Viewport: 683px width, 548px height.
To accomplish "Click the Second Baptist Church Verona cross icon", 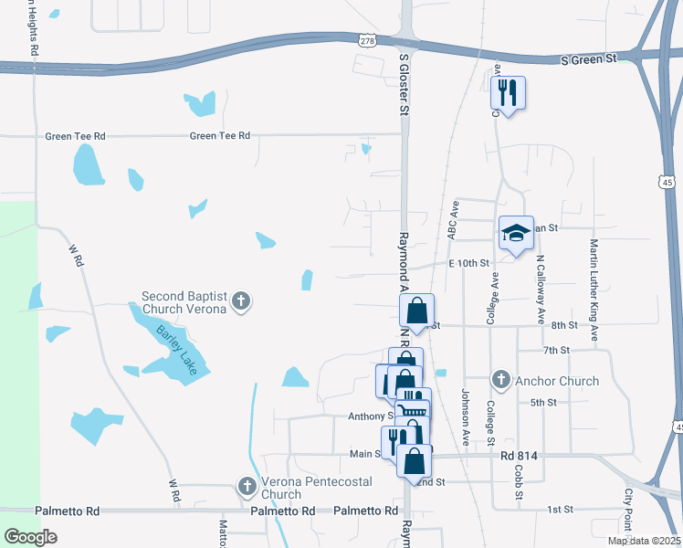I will click(241, 301).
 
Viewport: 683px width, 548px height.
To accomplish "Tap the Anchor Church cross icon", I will click(500, 380).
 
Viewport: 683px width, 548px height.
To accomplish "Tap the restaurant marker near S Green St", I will click(508, 92).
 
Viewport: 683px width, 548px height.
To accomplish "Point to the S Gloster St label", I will click(404, 83).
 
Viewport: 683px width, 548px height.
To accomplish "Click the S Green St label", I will click(588, 59).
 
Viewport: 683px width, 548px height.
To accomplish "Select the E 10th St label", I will click(469, 263).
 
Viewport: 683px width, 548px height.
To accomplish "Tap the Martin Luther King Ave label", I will click(594, 290).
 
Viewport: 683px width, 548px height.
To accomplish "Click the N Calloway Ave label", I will click(541, 287).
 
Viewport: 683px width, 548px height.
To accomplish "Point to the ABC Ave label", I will click(452, 220).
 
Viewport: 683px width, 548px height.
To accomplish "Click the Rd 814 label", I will click(518, 454).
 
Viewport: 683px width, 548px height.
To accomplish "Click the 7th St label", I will click(556, 350).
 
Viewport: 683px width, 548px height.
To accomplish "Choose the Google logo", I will click(31, 537).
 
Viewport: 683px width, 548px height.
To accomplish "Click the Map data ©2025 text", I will click(643, 541).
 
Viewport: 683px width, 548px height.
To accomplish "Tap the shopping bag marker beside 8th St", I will click(416, 311).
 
